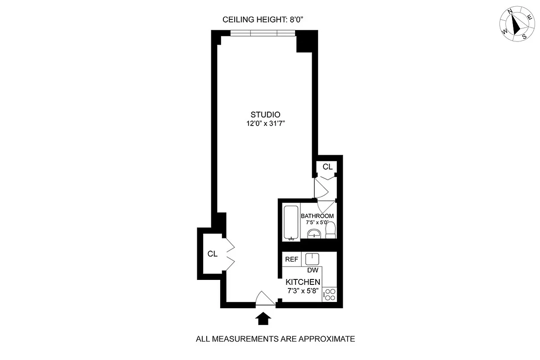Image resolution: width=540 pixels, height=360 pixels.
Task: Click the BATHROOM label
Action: click(318, 216)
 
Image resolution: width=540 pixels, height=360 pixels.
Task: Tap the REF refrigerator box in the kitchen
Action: click(291, 260)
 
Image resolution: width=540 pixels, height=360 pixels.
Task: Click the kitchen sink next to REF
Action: click(312, 259)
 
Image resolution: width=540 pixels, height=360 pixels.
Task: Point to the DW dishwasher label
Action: click(313, 270)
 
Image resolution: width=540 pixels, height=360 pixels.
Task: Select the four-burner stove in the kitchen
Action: click(330, 294)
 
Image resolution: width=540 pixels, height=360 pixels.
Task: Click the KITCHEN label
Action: click(305, 282)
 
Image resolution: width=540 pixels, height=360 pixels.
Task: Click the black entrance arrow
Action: click(263, 319)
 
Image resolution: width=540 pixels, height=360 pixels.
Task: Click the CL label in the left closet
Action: click(213, 254)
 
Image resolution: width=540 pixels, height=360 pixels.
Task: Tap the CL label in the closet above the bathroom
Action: click(327, 166)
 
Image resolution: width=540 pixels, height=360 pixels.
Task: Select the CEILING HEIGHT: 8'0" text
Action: click(265, 19)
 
